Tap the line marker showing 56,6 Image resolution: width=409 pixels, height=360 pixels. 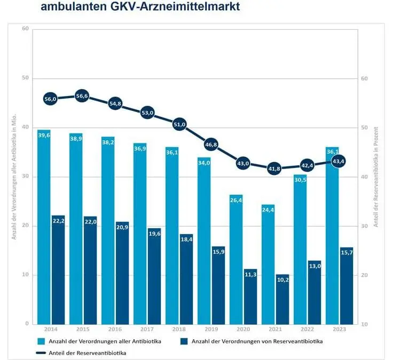(82, 96)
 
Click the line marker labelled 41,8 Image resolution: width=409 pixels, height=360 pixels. (274, 169)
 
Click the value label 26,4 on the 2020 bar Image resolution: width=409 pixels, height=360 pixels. (236, 201)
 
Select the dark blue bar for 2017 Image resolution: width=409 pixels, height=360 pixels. (154, 277)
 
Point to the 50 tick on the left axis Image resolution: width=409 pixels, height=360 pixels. (25, 78)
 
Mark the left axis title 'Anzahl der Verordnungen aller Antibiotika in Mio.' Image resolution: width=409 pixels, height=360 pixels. (14, 177)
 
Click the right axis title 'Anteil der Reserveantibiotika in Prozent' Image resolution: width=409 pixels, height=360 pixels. (376, 177)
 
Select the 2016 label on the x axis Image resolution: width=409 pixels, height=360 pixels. (115, 330)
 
